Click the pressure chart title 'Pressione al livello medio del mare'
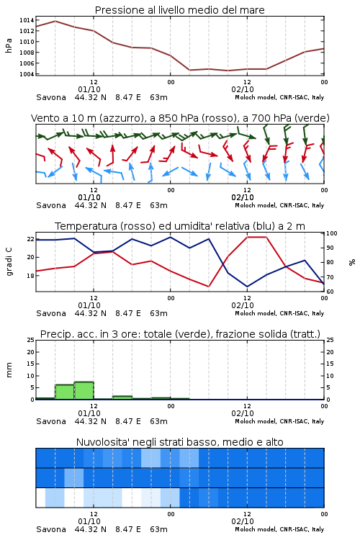click(180, 10)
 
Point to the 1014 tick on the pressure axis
click(27, 20)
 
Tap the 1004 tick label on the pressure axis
click(27, 74)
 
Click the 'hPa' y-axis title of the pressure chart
click(9, 45)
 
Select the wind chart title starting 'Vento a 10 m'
click(180, 118)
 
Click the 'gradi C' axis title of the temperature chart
click(9, 261)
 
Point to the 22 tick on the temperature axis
click(30, 239)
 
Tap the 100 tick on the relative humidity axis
click(332, 233)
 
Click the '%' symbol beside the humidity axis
click(352, 262)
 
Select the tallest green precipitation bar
click(84, 390)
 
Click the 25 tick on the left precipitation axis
click(30, 340)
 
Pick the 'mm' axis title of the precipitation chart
click(9, 370)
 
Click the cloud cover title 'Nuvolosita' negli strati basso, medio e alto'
click(180, 442)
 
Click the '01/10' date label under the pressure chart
click(89, 89)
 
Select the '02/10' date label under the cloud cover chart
click(243, 521)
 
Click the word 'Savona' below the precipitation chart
click(51, 421)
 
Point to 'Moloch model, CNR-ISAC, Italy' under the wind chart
click(279, 205)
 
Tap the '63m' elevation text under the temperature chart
click(158, 313)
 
